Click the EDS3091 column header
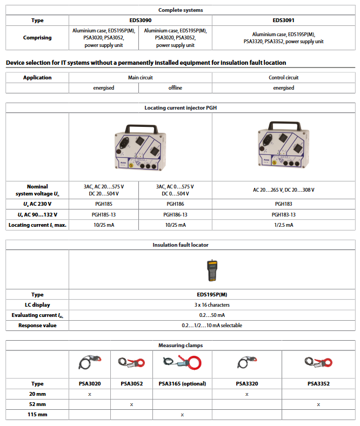coord(283,21)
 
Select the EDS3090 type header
coord(141,21)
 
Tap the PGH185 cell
coord(103,204)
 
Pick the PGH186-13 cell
coord(175,214)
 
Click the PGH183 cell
coord(283,204)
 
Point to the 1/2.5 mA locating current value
coord(283,225)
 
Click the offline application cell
coord(175,87)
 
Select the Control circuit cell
coord(283,78)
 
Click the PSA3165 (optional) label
coord(182,384)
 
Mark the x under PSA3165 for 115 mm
coord(182,415)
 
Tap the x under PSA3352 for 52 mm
coord(318,404)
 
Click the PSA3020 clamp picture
coord(89,363)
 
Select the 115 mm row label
coord(37,415)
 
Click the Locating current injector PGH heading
coord(180,108)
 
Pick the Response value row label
coord(37,326)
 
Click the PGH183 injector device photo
coord(283,146)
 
